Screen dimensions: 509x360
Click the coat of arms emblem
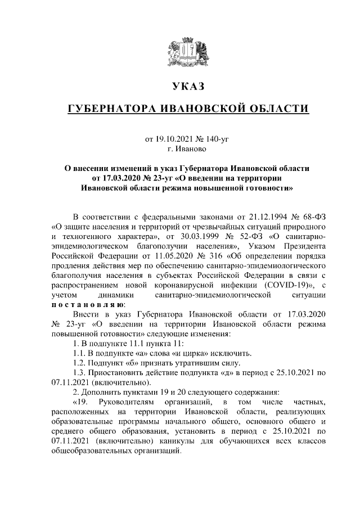[x=188, y=52]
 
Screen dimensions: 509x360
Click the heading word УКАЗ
[x=188, y=87]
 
